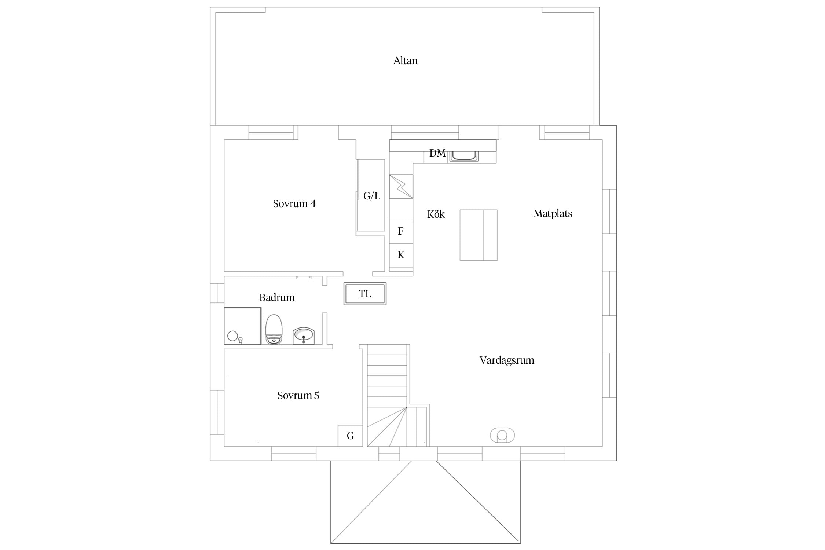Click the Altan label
pyautogui.click(x=405, y=60)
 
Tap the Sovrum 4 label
pyautogui.click(x=294, y=203)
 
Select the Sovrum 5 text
pyautogui.click(x=298, y=395)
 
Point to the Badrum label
pyautogui.click(x=277, y=297)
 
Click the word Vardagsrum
pyautogui.click(x=507, y=360)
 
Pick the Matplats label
pyautogui.click(x=553, y=214)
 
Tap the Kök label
pyautogui.click(x=436, y=214)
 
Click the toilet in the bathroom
pyautogui.click(x=274, y=329)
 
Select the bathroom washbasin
pyautogui.click(x=304, y=336)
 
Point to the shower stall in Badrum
pyautogui.click(x=243, y=326)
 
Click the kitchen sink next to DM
pyautogui.click(x=464, y=156)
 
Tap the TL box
pyautogui.click(x=365, y=294)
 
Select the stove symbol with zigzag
pyautogui.click(x=401, y=186)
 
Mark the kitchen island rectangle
pyautogui.click(x=478, y=235)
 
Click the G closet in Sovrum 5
pyautogui.click(x=350, y=436)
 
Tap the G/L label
pyautogui.click(x=372, y=196)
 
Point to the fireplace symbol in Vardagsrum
pyautogui.click(x=502, y=435)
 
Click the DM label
pyautogui.click(x=437, y=153)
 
